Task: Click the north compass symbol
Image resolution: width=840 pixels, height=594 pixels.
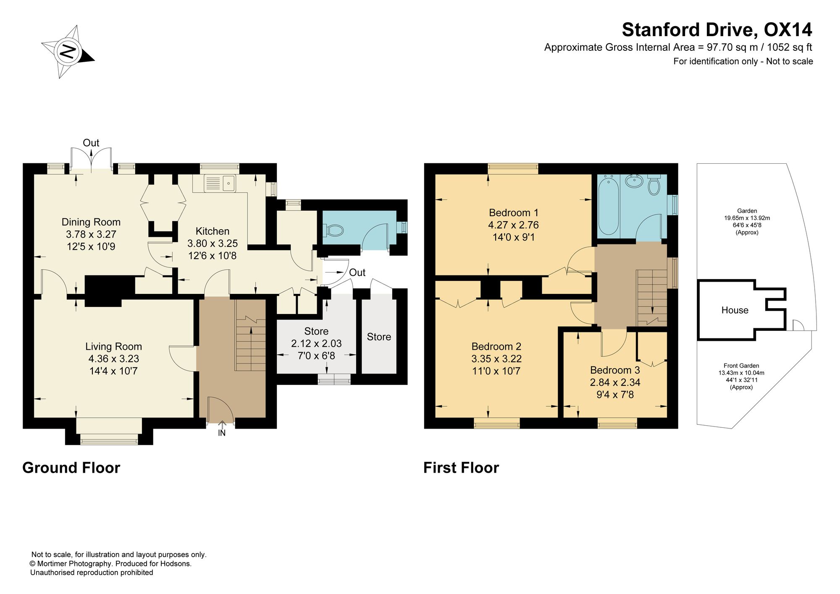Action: point(68,52)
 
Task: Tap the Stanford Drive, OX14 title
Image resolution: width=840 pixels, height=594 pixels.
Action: point(717,30)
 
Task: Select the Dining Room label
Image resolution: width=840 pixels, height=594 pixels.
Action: point(91,222)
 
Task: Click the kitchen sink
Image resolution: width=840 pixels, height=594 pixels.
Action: point(220,183)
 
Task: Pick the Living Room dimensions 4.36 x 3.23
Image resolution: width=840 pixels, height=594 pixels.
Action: point(113,359)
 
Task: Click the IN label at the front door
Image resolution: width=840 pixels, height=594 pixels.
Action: point(222,433)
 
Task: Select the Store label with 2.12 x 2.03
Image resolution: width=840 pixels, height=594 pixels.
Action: point(316,331)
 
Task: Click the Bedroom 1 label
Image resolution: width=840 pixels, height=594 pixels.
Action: point(514,212)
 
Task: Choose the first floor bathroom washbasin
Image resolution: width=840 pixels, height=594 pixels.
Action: point(634,181)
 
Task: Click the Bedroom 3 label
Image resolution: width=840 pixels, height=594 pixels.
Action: point(615,370)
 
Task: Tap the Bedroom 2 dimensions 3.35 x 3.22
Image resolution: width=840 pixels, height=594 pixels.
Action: point(496,359)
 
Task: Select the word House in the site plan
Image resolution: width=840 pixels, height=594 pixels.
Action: point(735,310)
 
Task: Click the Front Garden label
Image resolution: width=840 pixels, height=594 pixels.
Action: point(741,366)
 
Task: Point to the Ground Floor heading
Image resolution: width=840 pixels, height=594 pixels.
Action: point(71,468)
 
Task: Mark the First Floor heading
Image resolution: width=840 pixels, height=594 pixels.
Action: point(461,468)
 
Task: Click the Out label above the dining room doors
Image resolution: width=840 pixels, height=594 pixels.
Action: point(91,143)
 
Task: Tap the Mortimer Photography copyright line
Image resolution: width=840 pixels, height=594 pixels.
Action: point(111,564)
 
